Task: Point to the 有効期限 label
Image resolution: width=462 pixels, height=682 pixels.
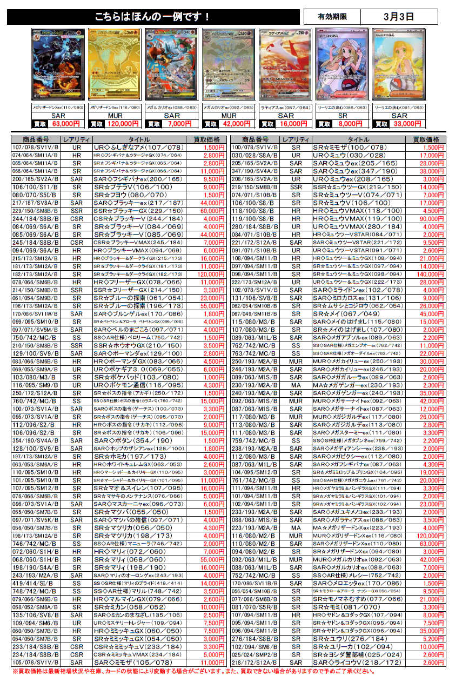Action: (x=332, y=17)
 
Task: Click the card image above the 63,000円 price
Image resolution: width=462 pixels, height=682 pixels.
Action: (x=58, y=64)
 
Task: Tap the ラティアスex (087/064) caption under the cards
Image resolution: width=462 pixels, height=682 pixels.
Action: (x=285, y=108)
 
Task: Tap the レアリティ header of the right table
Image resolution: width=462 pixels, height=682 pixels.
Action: (x=296, y=139)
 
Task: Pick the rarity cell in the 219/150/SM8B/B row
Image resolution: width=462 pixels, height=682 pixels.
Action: (x=296, y=188)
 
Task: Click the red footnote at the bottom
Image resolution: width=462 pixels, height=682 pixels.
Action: (x=194, y=671)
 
